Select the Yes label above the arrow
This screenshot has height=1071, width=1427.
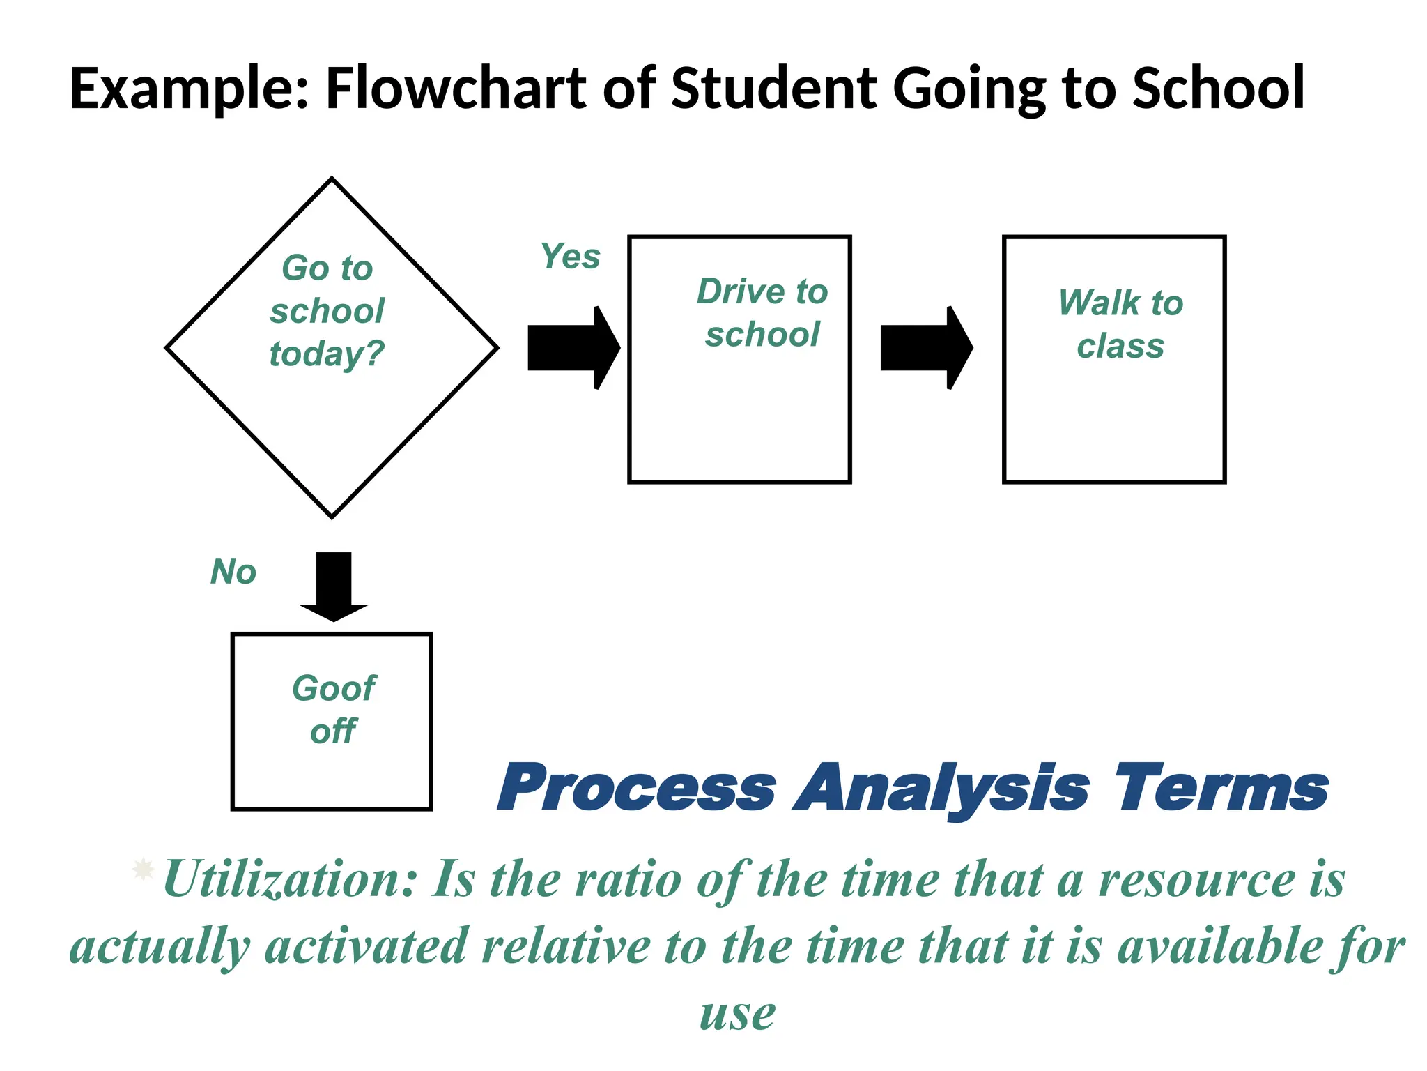point(570,257)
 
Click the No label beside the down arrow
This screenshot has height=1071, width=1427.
point(233,572)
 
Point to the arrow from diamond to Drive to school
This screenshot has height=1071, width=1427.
point(573,347)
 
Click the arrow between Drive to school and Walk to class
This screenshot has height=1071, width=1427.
point(926,347)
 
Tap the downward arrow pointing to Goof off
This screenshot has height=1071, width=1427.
point(334,586)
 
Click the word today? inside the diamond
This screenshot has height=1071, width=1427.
point(327,354)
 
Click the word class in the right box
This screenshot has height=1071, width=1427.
point(1120,347)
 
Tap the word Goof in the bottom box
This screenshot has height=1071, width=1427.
point(334,689)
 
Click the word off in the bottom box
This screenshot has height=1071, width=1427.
point(334,732)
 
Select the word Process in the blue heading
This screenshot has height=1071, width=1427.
point(636,789)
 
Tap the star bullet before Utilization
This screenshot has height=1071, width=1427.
point(143,869)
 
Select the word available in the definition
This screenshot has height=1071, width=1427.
point(1219,947)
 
